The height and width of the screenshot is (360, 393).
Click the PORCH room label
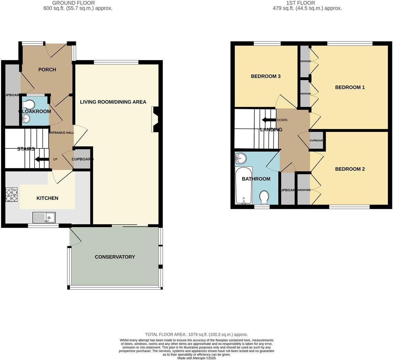(47, 70)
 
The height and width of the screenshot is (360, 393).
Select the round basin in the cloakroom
(26, 119)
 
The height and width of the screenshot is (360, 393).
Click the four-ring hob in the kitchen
(11, 194)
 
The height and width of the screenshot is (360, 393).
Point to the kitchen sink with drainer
(44, 217)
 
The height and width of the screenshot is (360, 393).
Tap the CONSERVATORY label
(115, 257)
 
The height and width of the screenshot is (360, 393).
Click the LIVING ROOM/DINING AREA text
(113, 102)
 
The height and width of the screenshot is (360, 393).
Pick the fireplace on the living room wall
(155, 119)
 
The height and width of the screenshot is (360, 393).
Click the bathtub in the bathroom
(244, 185)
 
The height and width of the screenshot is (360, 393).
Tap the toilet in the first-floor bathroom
(264, 198)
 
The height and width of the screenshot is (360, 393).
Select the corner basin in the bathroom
(241, 158)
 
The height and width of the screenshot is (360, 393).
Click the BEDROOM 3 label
(266, 76)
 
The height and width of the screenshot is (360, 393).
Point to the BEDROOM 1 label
(350, 87)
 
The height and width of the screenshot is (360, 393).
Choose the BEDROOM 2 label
(350, 169)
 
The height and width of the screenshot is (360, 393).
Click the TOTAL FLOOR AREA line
(196, 334)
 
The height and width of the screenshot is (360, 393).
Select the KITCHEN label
(47, 198)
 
